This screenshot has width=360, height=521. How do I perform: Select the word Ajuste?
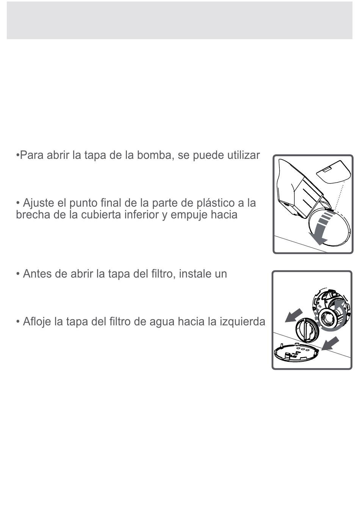click(x=39, y=203)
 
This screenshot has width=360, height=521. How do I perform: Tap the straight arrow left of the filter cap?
click(x=294, y=316)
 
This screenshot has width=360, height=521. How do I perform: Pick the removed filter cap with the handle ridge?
click(x=307, y=330)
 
